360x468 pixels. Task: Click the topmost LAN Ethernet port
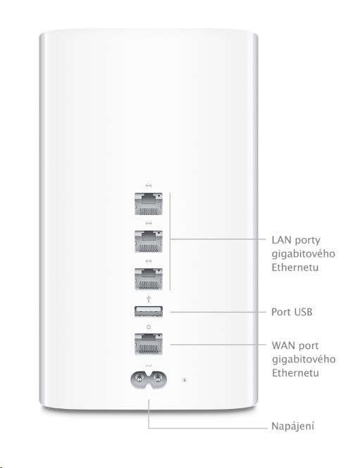(x=148, y=203)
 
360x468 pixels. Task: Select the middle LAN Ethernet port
(x=148, y=241)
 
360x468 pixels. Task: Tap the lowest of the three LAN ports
(x=148, y=279)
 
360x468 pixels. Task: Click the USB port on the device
(x=149, y=312)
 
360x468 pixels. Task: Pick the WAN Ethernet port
(x=148, y=344)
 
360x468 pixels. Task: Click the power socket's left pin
(x=139, y=379)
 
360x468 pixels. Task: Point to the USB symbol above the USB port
(x=149, y=299)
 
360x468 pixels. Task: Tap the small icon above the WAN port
(x=149, y=327)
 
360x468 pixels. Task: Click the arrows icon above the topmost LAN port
(x=149, y=186)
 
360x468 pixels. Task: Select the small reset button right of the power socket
(x=185, y=380)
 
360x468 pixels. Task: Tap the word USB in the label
(x=303, y=312)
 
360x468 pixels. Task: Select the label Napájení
(x=293, y=426)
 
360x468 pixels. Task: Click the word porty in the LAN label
(x=307, y=241)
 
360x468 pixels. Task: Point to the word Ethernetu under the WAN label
(x=295, y=373)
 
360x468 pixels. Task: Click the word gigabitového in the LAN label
(x=303, y=254)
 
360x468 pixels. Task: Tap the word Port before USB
(x=281, y=312)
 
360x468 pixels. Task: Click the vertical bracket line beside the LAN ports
(x=170, y=241)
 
